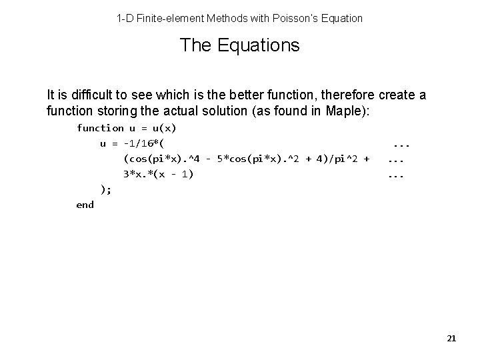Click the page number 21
[451, 339]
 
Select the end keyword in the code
[85, 205]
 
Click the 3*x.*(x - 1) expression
[159, 175]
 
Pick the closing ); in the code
[106, 190]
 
